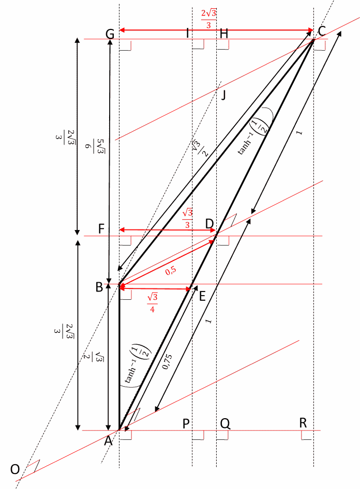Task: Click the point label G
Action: point(110,34)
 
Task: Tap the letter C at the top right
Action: point(322,31)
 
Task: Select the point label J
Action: point(223,95)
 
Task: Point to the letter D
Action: point(209,224)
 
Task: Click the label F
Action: point(101,229)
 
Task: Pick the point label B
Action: point(99,287)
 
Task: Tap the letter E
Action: point(202,296)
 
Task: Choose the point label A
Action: point(108,441)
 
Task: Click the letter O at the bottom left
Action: point(15,469)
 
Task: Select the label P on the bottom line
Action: point(186,424)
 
